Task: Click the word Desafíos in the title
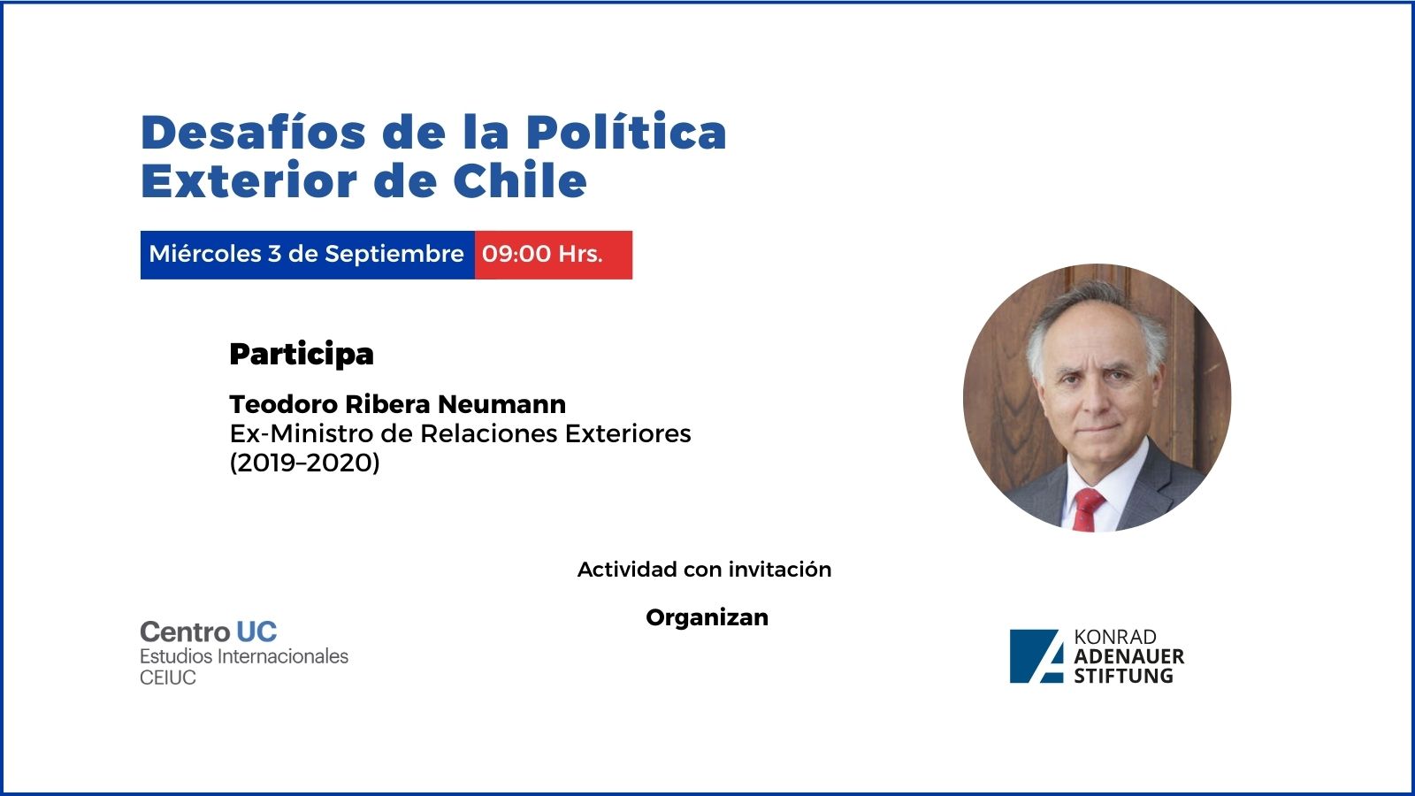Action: pyautogui.click(x=253, y=132)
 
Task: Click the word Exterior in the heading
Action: pyautogui.click(x=249, y=180)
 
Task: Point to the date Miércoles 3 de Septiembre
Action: pyautogui.click(x=306, y=254)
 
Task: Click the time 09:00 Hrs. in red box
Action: pyautogui.click(x=542, y=254)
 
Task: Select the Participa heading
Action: pyautogui.click(x=302, y=355)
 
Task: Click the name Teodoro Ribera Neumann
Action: pyautogui.click(x=397, y=404)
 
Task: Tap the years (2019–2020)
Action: pyautogui.click(x=304, y=463)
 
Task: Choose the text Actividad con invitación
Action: pyautogui.click(x=704, y=570)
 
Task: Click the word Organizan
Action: pyautogui.click(x=707, y=617)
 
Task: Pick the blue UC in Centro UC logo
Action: pyautogui.click(x=256, y=631)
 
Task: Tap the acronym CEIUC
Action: pyautogui.click(x=168, y=677)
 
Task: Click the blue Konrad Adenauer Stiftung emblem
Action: pyautogui.click(x=1036, y=656)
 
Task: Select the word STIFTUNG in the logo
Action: pyautogui.click(x=1124, y=676)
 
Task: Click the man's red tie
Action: pyautogui.click(x=1087, y=509)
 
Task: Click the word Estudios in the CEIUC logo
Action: pyautogui.click(x=176, y=656)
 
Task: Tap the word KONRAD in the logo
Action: pyautogui.click(x=1115, y=637)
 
